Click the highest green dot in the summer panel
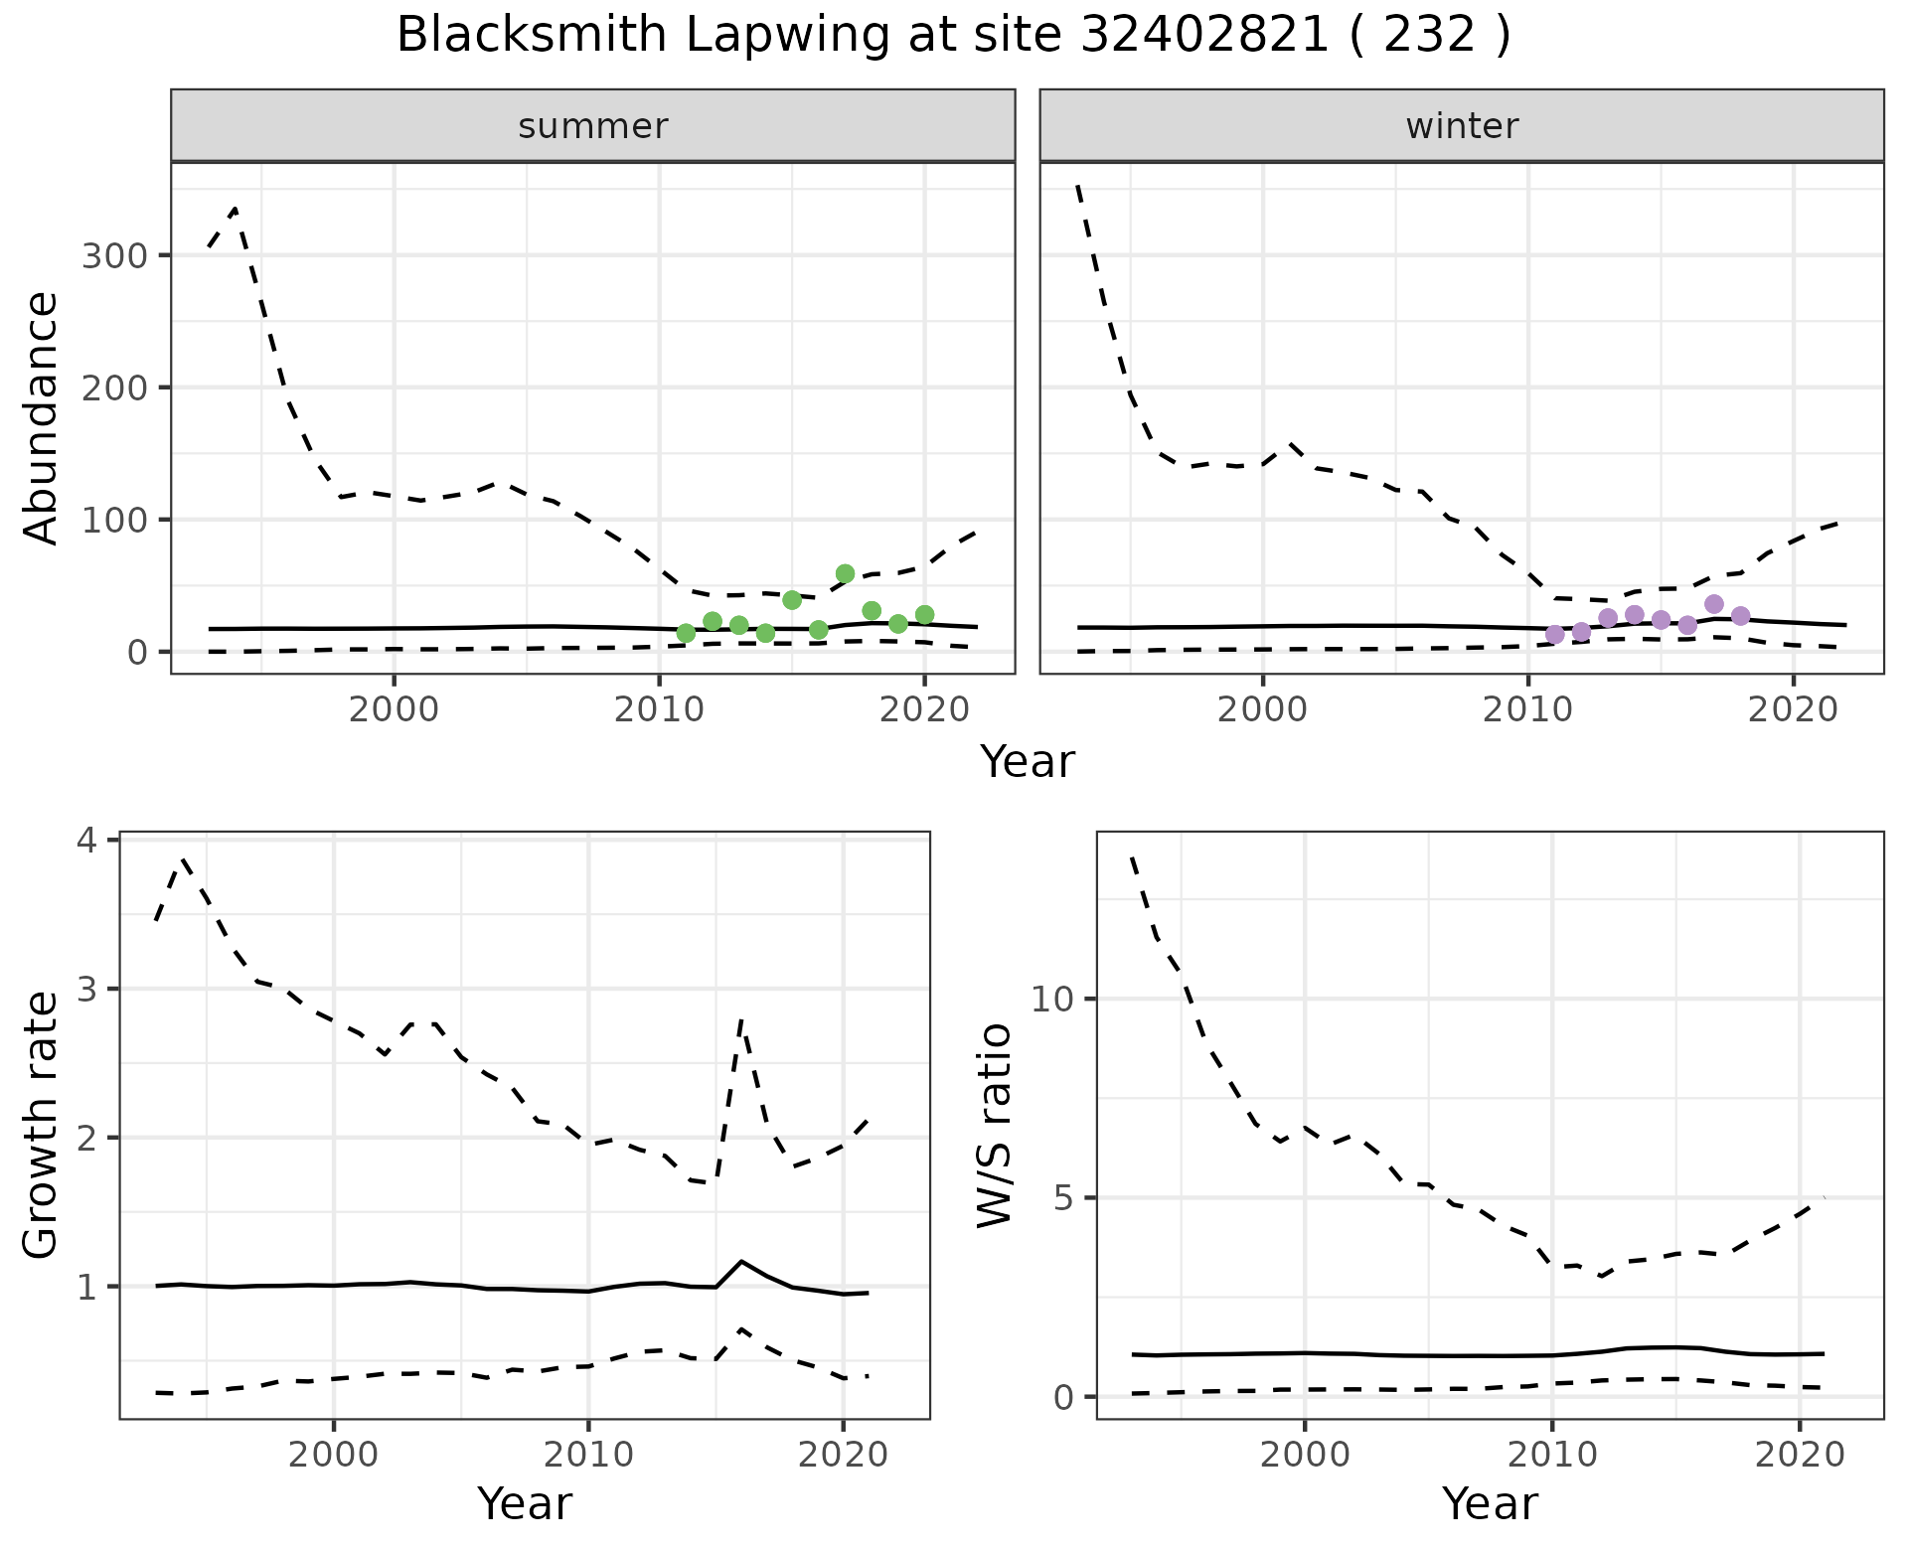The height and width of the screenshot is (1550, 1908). coord(845,573)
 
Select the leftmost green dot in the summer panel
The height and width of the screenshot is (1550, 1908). coord(686,633)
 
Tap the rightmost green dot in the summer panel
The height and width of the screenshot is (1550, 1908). coord(924,615)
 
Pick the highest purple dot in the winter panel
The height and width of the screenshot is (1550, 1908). coord(1713,604)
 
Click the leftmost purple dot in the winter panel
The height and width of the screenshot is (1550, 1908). coord(1555,634)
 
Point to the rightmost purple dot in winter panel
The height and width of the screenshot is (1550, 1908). coord(1740,616)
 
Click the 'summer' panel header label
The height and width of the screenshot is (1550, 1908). coord(593,126)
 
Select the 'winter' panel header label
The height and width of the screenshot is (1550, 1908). coord(1462,126)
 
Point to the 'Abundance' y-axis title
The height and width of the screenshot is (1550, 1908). coord(42,418)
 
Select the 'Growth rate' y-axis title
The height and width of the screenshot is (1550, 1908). coord(42,1126)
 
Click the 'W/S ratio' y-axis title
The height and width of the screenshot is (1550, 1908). coord(994,1126)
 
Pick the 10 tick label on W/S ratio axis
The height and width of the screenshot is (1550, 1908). coord(1053,999)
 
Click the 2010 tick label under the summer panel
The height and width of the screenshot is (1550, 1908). coord(659,710)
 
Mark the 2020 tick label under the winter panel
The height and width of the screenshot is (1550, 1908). coord(1793,710)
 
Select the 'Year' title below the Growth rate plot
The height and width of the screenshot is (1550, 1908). coord(525,1503)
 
